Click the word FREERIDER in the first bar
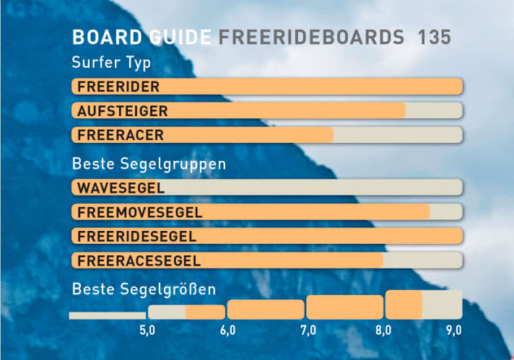point(118,87)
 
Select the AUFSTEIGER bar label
point(123,111)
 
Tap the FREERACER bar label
point(121,135)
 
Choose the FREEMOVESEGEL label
point(140,212)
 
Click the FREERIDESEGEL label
point(137,236)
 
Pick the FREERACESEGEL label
point(139,260)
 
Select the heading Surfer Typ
point(111,62)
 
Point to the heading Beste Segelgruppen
point(149,164)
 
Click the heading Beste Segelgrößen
point(144,290)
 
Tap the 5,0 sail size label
point(147,330)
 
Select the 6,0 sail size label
point(227,330)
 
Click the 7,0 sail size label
point(308,330)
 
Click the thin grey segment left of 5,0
point(107,315)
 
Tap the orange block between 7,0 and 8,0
point(344,307)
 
